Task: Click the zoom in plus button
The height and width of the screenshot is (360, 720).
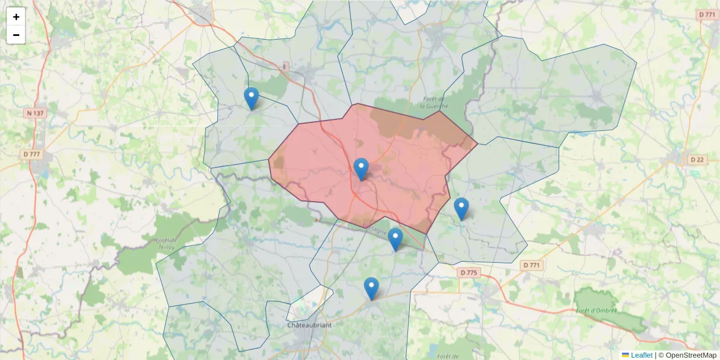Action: (16, 17)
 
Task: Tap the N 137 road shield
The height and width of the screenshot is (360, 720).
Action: (36, 113)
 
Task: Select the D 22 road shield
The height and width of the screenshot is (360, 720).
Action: (697, 160)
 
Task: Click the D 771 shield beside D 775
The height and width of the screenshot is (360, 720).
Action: (531, 265)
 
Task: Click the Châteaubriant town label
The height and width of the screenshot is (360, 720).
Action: (309, 325)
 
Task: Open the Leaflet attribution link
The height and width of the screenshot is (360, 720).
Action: (641, 355)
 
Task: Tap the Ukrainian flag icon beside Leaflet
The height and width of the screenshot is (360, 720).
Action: (625, 355)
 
